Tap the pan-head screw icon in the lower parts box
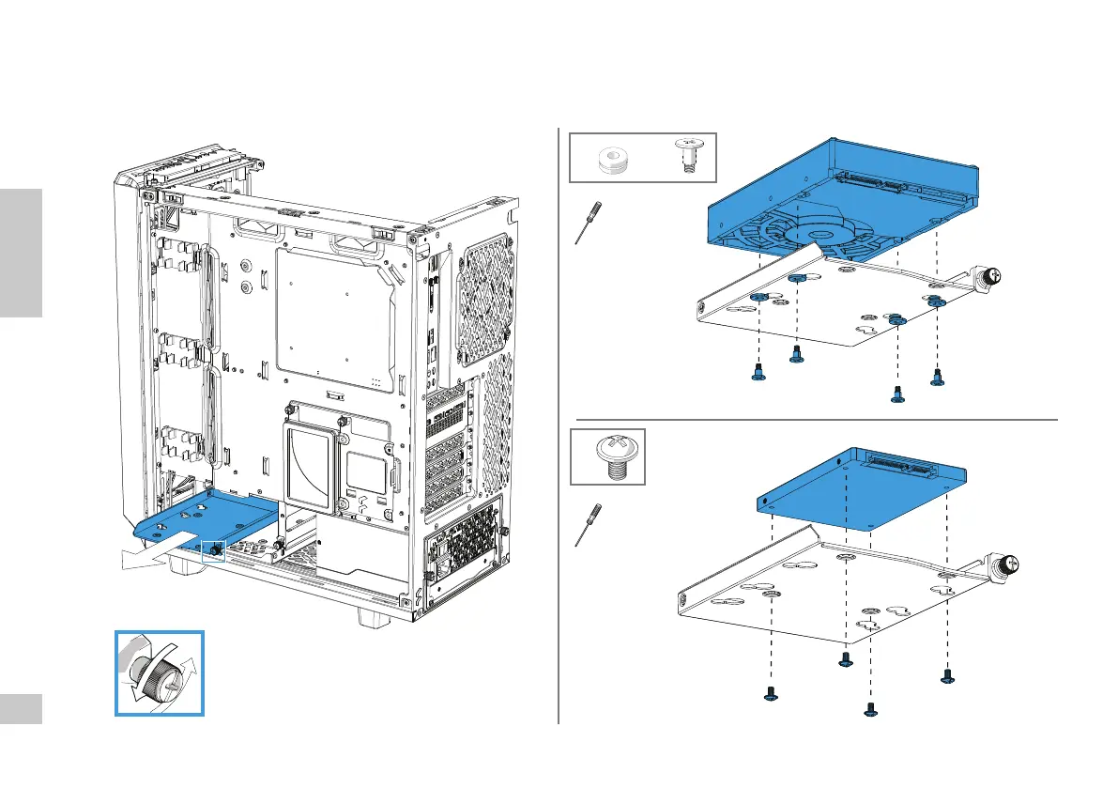click(608, 457)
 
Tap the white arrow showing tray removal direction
click(150, 556)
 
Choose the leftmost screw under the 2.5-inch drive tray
click(770, 696)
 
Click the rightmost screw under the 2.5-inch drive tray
click(947, 674)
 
